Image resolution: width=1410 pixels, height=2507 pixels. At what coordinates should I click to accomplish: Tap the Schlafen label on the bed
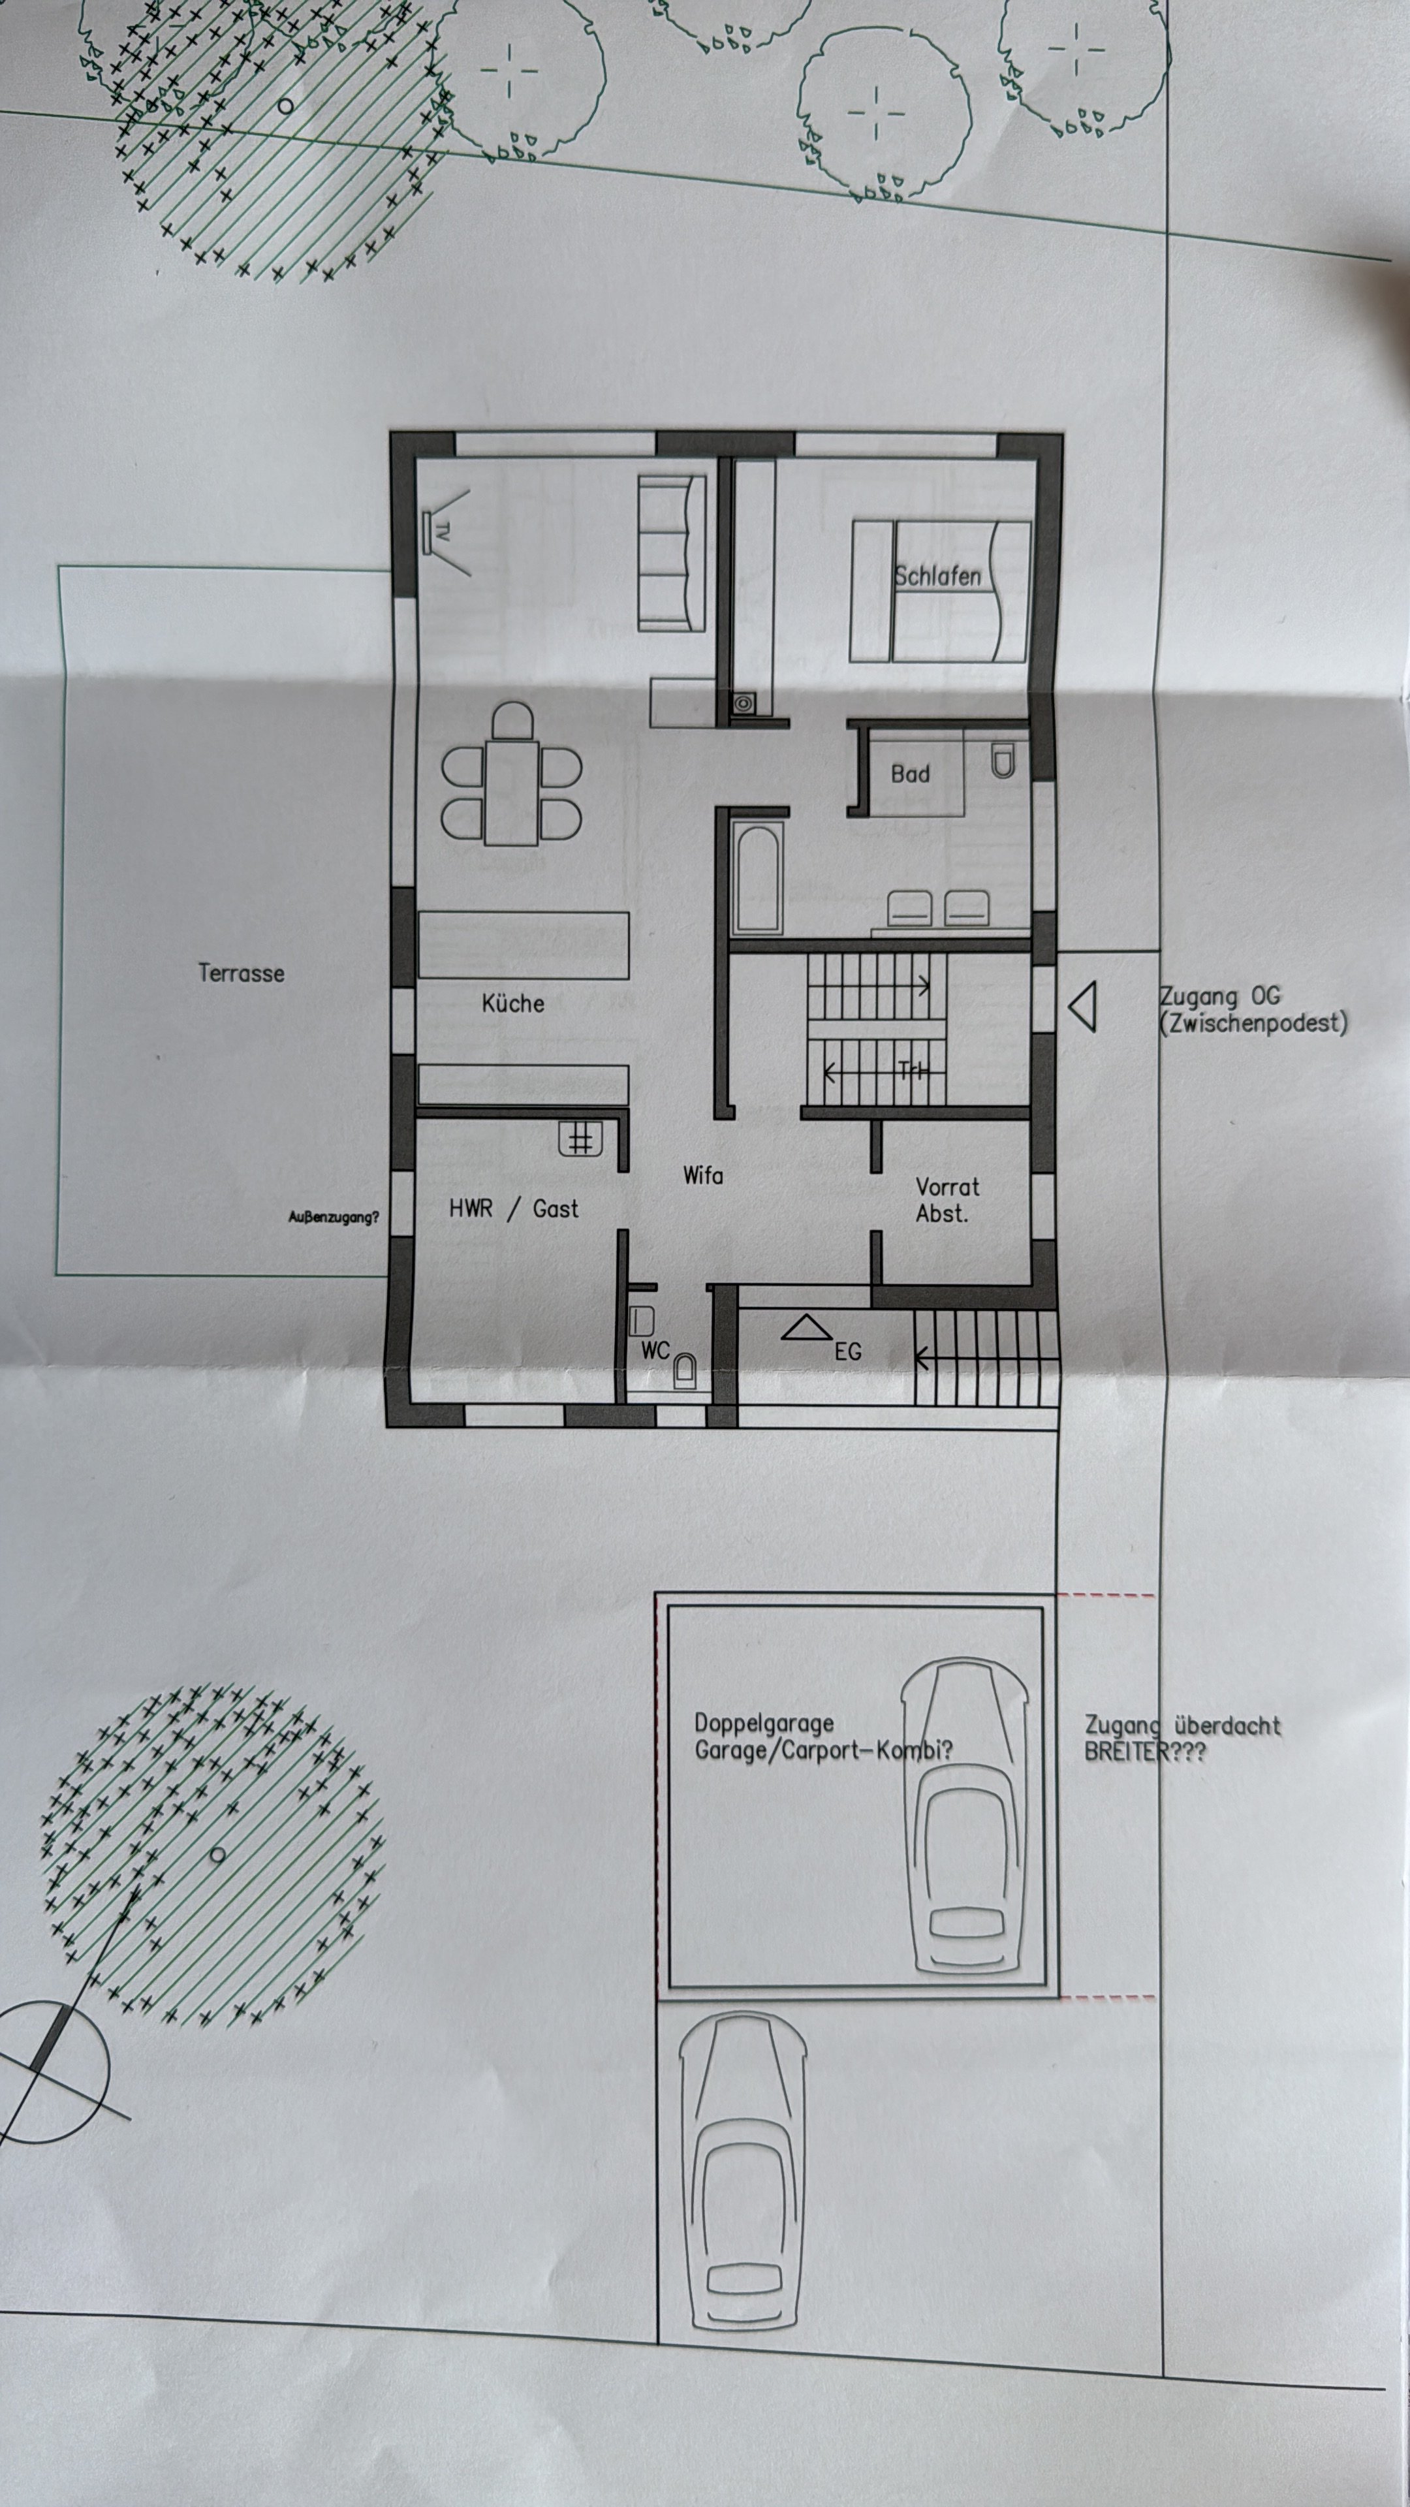click(937, 575)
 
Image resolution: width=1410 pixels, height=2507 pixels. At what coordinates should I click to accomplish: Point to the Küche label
click(513, 1003)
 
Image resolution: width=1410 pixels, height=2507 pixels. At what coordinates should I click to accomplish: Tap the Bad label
click(910, 774)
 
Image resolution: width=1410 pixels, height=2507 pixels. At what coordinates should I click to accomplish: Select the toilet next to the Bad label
click(1002, 760)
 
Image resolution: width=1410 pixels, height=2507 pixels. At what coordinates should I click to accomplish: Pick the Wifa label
click(702, 1176)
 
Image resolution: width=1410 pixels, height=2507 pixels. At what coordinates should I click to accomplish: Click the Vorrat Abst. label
click(946, 1199)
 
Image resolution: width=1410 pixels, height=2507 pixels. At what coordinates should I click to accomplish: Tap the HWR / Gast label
click(513, 1208)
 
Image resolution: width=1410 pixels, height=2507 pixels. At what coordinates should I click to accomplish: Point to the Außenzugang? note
click(334, 1216)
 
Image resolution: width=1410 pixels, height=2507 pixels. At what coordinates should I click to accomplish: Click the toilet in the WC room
click(685, 1370)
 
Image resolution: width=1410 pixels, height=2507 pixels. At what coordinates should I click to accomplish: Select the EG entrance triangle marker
click(806, 1329)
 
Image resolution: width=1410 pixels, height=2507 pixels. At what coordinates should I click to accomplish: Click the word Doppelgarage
click(763, 1723)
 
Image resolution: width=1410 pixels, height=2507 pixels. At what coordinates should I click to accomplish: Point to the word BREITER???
click(1144, 1752)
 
